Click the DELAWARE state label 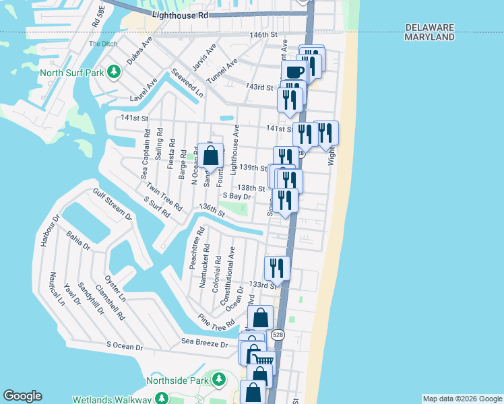click(430, 28)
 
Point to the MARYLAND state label click(429, 38)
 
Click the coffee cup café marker click(295, 71)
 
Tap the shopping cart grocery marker click(263, 361)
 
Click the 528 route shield click(278, 335)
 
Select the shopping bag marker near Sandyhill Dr click(210, 156)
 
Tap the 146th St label click(263, 35)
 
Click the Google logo click(22, 396)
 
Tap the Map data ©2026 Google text click(462, 399)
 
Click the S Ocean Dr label click(125, 347)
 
